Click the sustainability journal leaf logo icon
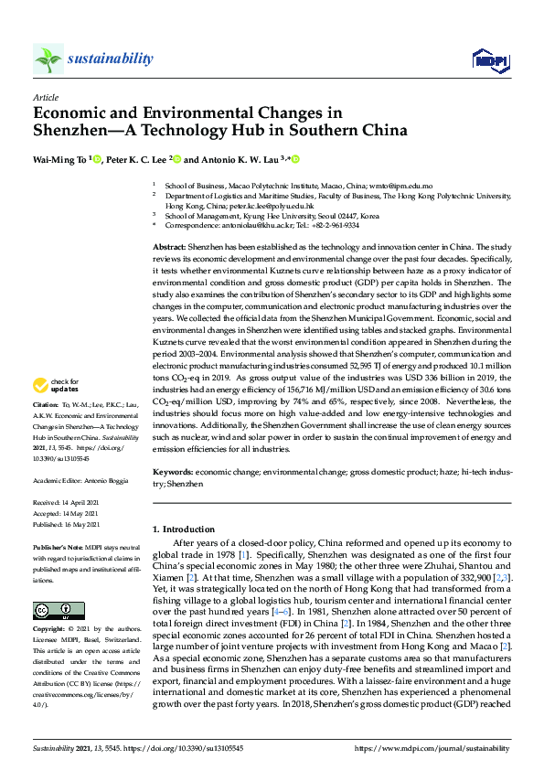48,59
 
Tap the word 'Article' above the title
45,96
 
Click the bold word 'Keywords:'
172,471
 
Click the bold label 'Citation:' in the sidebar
45,428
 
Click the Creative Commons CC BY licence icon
47,585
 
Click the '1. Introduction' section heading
184,529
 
